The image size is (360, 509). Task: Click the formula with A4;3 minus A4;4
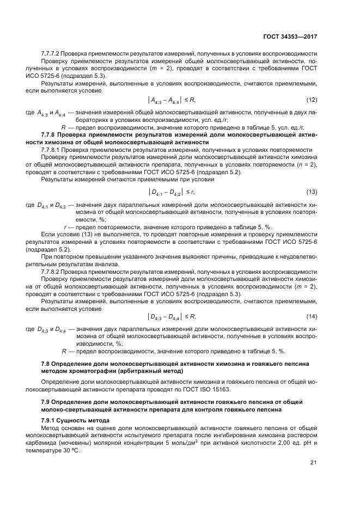(x=171, y=100)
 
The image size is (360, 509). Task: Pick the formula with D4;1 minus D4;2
(x=172, y=192)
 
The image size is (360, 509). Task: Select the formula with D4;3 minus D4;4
(x=172, y=316)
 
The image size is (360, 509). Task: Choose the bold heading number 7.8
(x=46, y=363)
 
